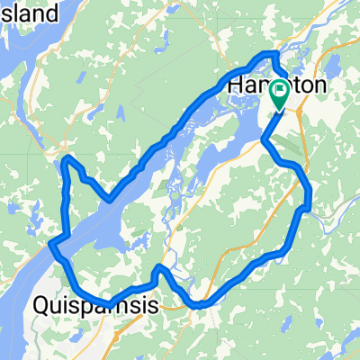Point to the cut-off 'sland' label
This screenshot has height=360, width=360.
pos(30,13)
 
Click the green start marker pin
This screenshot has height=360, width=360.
pos(280,92)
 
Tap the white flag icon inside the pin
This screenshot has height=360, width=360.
pos(280,89)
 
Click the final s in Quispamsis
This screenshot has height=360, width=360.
pos(154,307)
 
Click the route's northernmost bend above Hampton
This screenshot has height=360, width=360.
pos(270,56)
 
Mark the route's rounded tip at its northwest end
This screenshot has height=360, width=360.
pos(67,162)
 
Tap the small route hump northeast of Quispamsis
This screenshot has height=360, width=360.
pos(160,269)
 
